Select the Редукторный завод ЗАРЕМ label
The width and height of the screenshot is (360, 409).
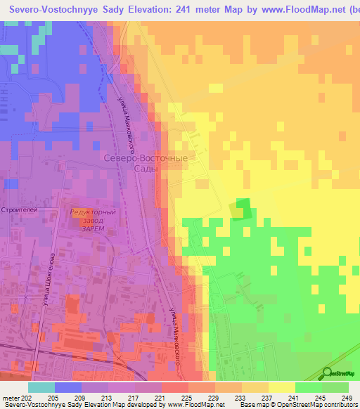coord(93,219)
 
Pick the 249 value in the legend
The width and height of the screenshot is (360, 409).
coord(342,397)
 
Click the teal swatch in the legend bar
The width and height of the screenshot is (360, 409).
coord(41,387)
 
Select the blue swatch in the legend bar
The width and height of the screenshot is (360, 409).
coord(68,387)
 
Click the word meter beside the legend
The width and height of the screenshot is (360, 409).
coord(11,397)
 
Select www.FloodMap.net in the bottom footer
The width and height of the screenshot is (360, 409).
coord(193,405)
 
